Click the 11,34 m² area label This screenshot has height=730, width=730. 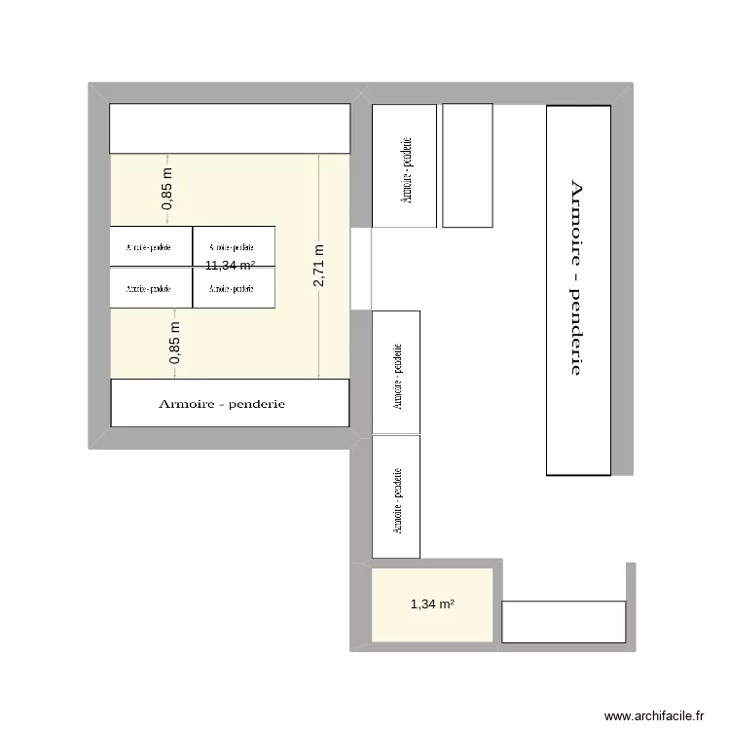coord(230,265)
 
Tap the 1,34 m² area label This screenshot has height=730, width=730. coord(432,604)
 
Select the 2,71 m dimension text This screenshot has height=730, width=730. coord(319,266)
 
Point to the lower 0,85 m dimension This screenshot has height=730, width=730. coord(175,343)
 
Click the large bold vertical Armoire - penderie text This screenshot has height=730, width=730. coord(577,277)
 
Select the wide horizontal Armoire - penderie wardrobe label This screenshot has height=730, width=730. coord(230,404)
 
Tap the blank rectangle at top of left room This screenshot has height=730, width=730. coord(229,128)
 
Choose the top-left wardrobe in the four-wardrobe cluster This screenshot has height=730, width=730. coord(151,247)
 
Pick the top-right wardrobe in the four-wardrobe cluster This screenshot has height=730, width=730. coord(234,246)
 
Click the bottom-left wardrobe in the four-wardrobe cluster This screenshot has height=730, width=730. coord(151,288)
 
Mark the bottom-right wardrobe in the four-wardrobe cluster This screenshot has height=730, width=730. coord(234,288)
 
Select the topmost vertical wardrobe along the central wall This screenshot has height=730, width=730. coord(404,165)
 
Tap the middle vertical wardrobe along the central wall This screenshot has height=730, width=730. coord(396,372)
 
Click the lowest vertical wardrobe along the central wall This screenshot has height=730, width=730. coord(396,496)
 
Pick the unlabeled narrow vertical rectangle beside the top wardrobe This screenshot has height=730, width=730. coord(467,165)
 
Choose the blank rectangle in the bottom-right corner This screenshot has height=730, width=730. coord(564,622)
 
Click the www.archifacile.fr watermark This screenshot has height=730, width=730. coord(654,714)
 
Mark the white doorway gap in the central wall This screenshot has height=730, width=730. coord(360,269)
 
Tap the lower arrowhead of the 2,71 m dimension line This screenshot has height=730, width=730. coord(319,375)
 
